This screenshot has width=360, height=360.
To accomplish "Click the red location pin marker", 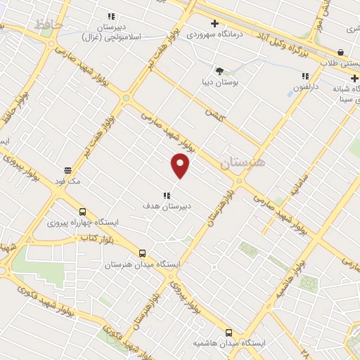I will [181, 165].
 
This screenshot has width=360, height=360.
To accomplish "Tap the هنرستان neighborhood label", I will [243, 162].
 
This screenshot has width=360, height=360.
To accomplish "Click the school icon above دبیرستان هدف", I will [167, 195].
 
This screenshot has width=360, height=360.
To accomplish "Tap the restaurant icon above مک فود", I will [68, 170].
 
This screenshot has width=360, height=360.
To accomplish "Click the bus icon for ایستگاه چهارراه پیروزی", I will [83, 212].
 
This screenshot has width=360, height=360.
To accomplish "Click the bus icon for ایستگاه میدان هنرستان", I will [143, 253].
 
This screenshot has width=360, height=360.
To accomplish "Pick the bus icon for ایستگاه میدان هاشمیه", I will [229, 333].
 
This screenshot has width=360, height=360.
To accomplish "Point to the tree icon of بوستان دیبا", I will [219, 71].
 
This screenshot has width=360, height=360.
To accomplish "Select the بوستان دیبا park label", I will [219, 82].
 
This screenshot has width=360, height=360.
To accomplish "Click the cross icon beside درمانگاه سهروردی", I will [214, 23].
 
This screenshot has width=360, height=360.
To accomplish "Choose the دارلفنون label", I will [306, 87].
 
